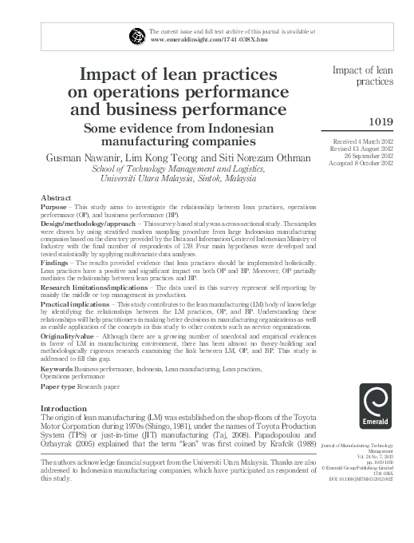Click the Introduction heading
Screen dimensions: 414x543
(68, 408)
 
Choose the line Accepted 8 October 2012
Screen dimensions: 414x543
(367, 163)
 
